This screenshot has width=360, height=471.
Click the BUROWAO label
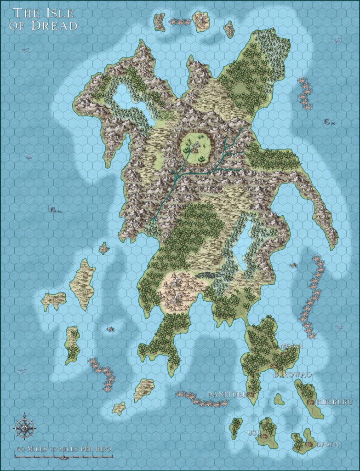(x=292, y=375)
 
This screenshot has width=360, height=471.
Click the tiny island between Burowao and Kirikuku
(x=279, y=399)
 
